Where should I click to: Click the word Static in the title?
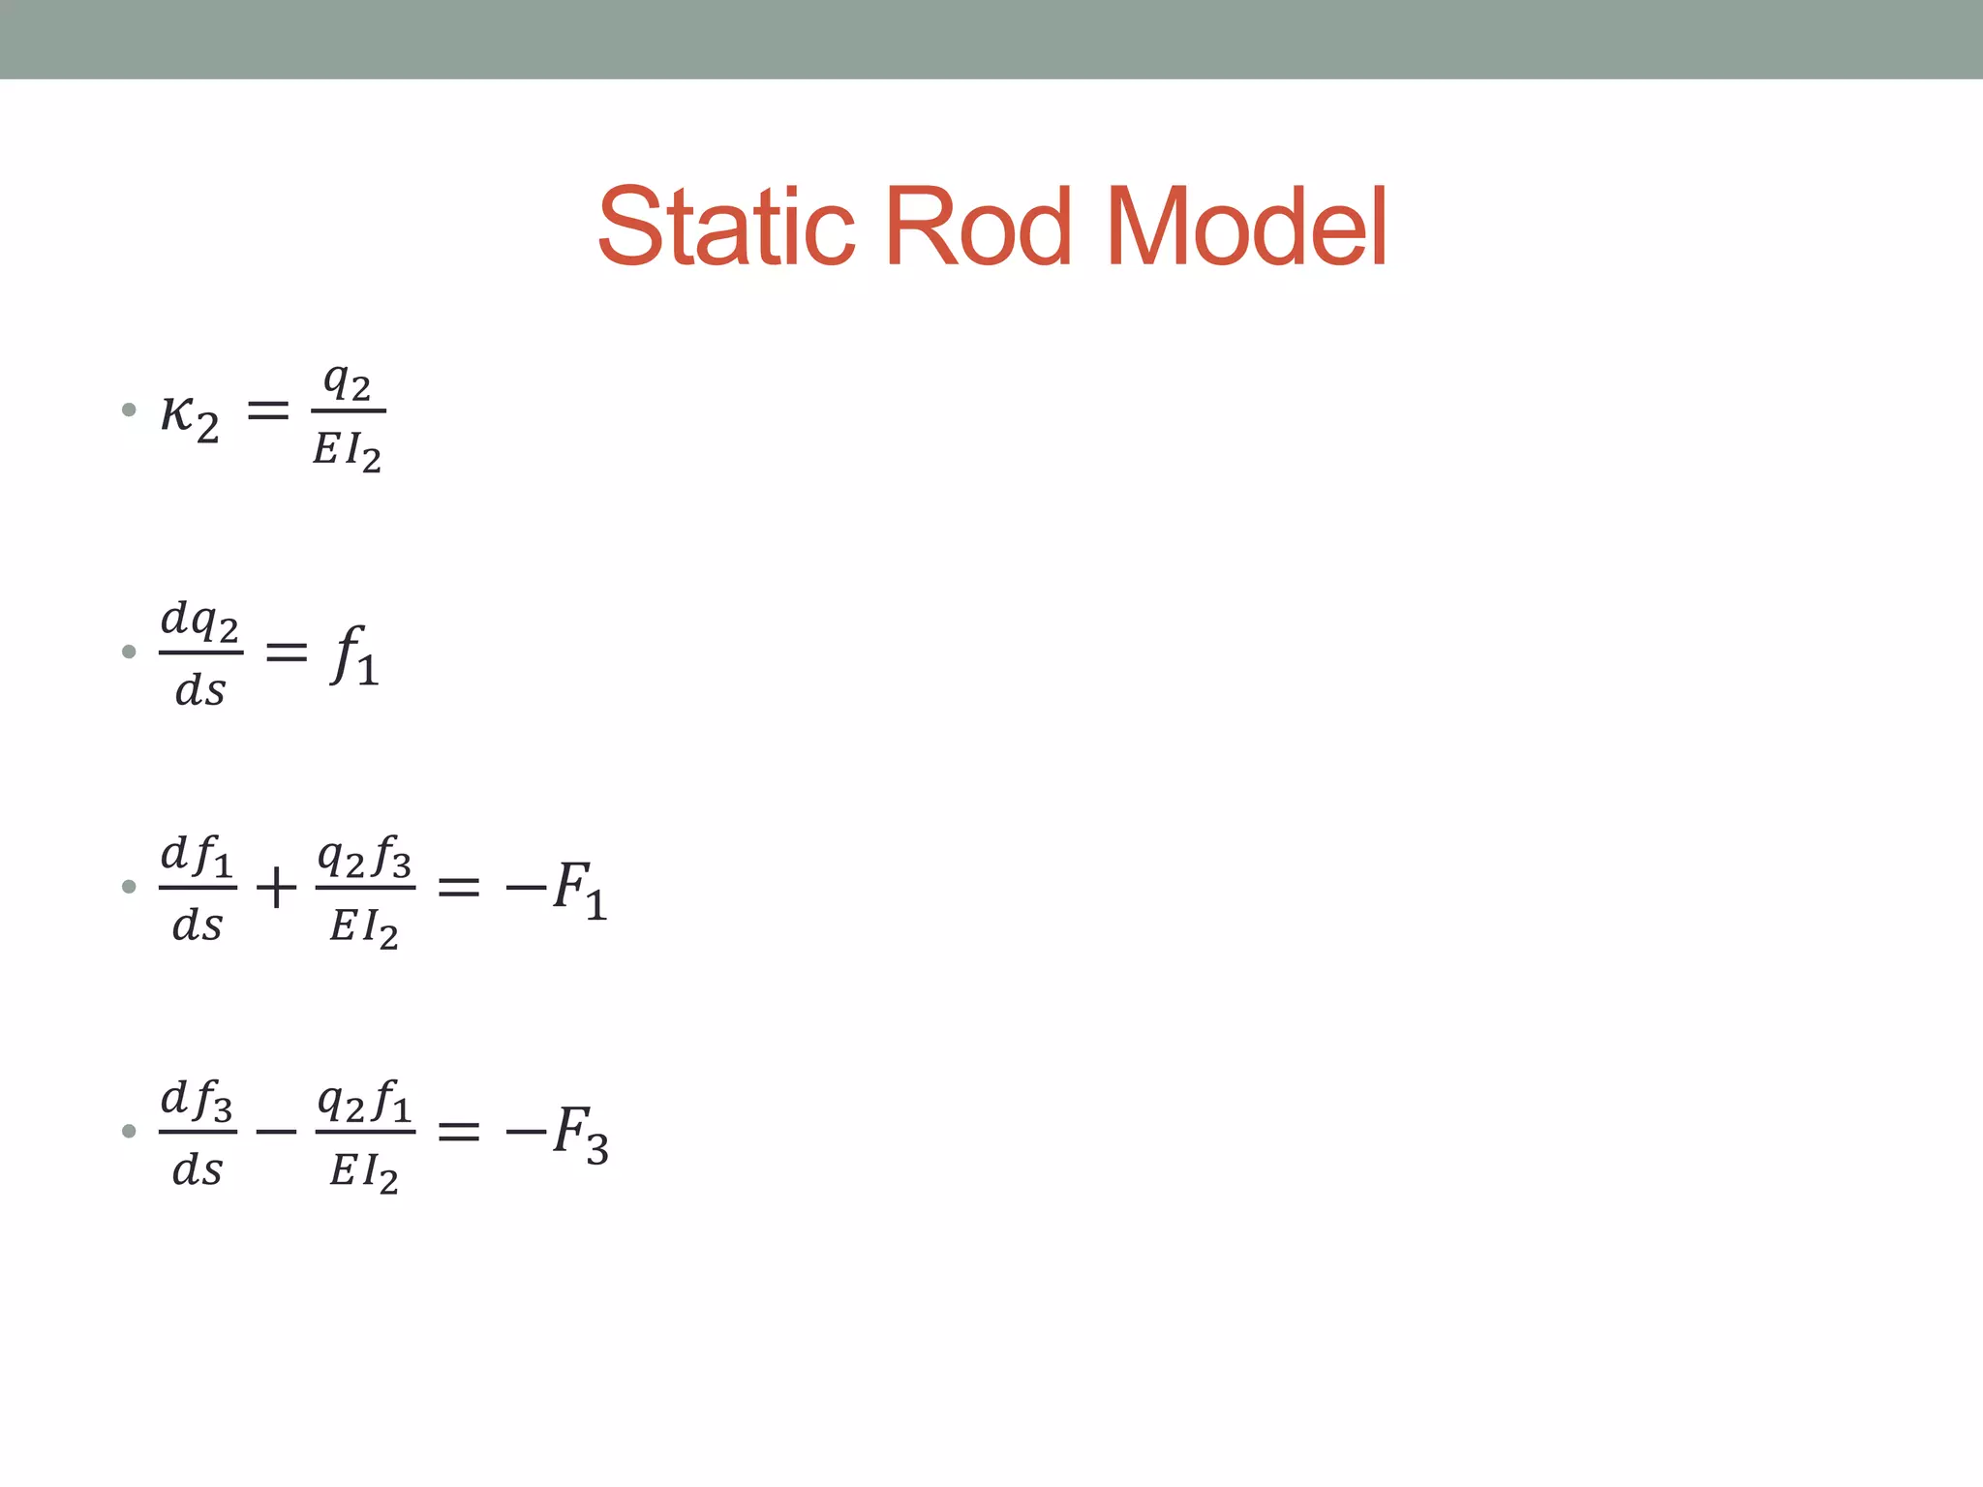(x=726, y=227)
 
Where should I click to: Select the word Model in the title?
(x=1245, y=227)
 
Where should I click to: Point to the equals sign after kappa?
(x=268, y=410)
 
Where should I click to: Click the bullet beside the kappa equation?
(x=129, y=410)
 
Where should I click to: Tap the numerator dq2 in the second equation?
(x=199, y=621)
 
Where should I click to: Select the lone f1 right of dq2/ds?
(x=354, y=655)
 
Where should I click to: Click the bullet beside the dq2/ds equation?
(x=129, y=652)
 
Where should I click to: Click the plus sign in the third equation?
(x=276, y=887)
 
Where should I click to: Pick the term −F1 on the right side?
(x=557, y=888)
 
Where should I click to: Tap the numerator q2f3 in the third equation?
(x=365, y=856)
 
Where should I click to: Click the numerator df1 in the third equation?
(x=198, y=856)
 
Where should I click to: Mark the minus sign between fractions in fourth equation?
(x=276, y=1130)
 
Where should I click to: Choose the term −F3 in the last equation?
(x=557, y=1132)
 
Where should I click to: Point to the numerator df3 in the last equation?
(x=198, y=1100)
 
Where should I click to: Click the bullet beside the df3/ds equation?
(x=129, y=1130)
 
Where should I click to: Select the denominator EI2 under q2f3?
(x=364, y=927)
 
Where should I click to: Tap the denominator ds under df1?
(x=198, y=926)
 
